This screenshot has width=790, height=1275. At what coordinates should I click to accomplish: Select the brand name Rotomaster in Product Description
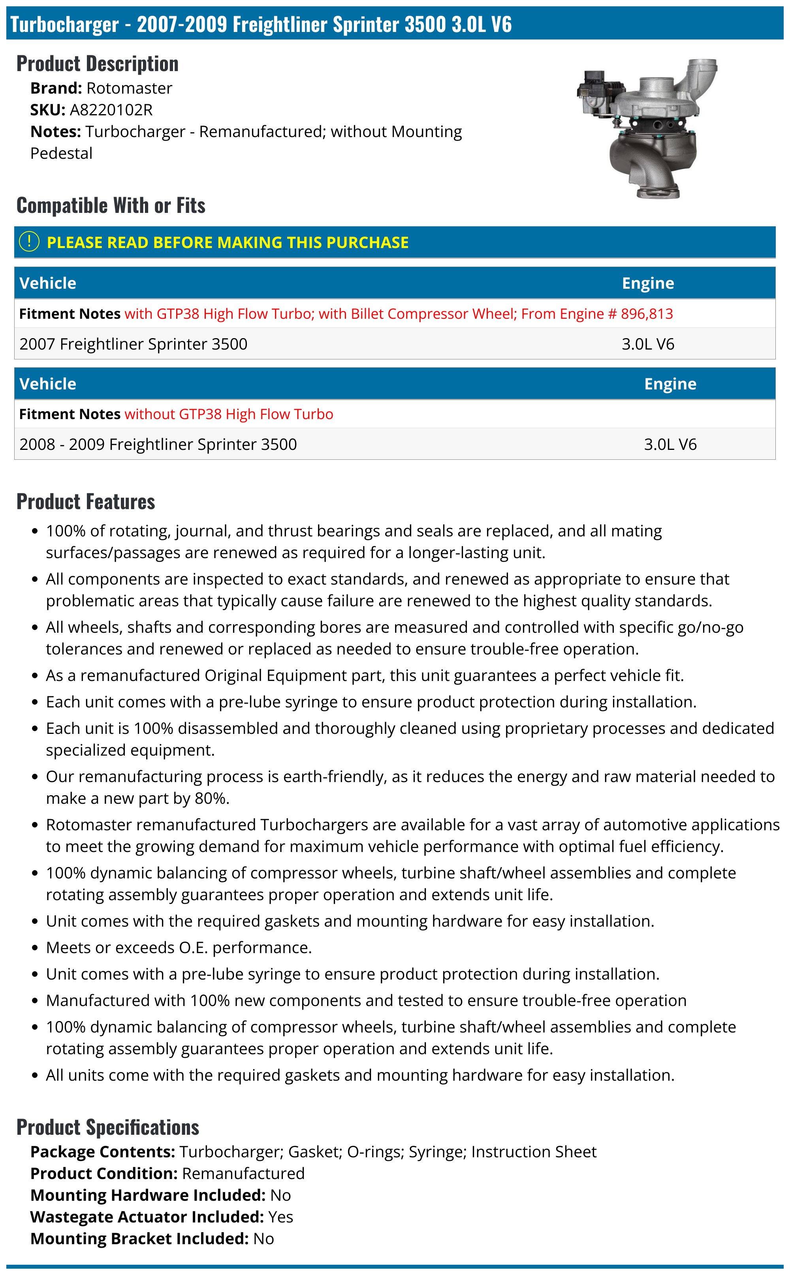(129, 88)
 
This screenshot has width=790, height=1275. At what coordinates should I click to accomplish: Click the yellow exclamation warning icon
(29, 242)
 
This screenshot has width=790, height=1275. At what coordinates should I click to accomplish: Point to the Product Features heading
(86, 502)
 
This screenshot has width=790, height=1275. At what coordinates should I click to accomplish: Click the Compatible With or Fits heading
(111, 205)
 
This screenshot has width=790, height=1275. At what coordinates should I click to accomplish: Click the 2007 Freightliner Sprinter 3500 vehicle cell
(133, 344)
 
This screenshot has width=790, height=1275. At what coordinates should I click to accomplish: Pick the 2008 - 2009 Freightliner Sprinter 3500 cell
(158, 444)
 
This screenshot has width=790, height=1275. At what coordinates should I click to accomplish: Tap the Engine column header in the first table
(647, 283)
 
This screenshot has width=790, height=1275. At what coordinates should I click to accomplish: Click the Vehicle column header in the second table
(47, 384)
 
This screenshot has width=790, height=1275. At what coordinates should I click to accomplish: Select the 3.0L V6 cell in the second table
(670, 444)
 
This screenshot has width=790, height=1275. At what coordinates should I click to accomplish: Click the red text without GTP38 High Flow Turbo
(228, 414)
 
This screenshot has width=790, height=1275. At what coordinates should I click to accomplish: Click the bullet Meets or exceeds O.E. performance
(179, 947)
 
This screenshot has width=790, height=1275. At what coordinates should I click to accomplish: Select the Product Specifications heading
(107, 1127)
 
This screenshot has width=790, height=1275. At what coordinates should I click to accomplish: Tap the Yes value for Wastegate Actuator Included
(280, 1217)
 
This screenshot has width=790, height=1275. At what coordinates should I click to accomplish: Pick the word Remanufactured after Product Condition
(243, 1173)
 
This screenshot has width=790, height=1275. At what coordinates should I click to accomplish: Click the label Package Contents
(102, 1151)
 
